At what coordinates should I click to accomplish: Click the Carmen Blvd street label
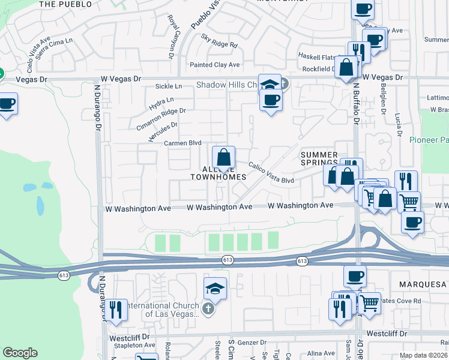click(x=182, y=143)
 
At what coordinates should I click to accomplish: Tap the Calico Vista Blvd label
click(x=271, y=173)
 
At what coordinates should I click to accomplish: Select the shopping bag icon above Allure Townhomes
click(x=223, y=158)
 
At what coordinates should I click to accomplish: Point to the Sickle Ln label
click(x=168, y=86)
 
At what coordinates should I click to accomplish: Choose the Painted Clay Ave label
click(x=214, y=65)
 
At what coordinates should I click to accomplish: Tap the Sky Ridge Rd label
click(x=220, y=44)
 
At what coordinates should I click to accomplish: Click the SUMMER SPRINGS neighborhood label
click(x=319, y=159)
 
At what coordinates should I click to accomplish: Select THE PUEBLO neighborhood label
click(x=65, y=4)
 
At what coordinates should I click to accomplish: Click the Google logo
click(x=20, y=353)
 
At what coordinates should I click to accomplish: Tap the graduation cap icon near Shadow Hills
click(x=270, y=84)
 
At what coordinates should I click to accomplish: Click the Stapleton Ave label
click(x=132, y=345)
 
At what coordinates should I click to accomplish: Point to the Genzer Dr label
click(x=252, y=341)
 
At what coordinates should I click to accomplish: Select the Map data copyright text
click(x=424, y=355)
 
